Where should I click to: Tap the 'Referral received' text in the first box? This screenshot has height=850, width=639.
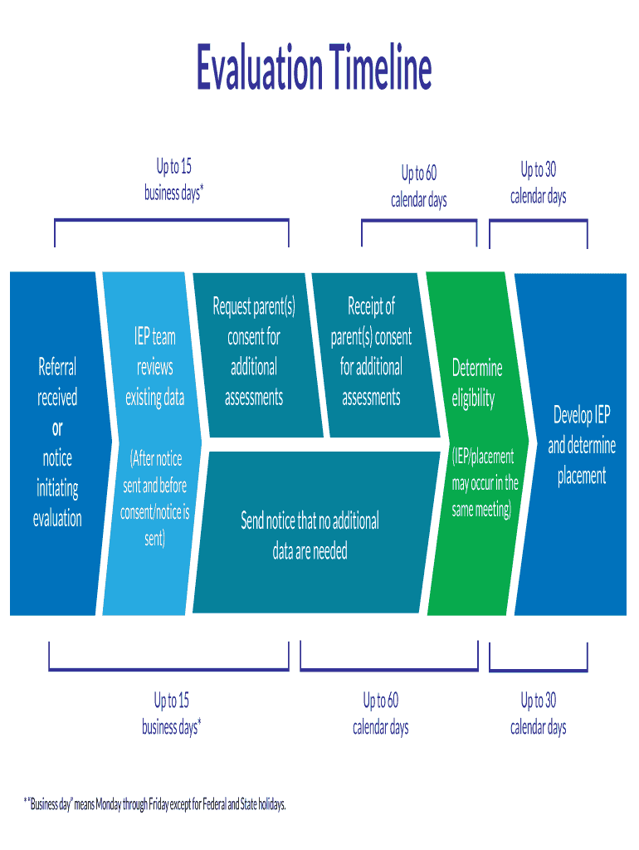pyautogui.click(x=57, y=382)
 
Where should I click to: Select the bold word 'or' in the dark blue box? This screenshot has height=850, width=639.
pyautogui.click(x=57, y=428)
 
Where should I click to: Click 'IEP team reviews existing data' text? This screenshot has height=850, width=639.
pyautogui.click(x=155, y=367)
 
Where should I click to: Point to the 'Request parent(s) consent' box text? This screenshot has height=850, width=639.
pyautogui.click(x=254, y=352)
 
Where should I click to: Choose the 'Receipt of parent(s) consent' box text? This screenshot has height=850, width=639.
pyautogui.click(x=371, y=352)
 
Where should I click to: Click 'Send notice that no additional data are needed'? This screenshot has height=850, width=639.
pyautogui.click(x=310, y=535)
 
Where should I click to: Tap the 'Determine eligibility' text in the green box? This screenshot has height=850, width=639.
pyautogui.click(x=476, y=383)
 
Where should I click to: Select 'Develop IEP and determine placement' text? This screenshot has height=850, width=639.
pyautogui.click(x=581, y=445)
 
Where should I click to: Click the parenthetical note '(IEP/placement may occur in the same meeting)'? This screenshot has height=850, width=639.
pyautogui.click(x=485, y=483)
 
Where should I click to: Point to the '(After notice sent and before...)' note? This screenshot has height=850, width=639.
pyautogui.click(x=155, y=499)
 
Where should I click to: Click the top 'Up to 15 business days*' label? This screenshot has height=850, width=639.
pyautogui.click(x=173, y=180)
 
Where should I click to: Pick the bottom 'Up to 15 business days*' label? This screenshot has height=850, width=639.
pyautogui.click(x=172, y=714)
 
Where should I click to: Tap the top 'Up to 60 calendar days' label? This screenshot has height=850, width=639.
pyautogui.click(x=419, y=187)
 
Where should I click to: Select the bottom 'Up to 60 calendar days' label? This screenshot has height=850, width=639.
pyautogui.click(x=381, y=714)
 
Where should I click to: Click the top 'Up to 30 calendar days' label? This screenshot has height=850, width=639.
pyautogui.click(x=539, y=183)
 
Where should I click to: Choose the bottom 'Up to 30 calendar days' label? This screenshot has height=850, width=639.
pyautogui.click(x=539, y=714)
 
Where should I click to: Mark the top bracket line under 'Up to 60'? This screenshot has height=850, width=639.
pyautogui.click(x=419, y=221)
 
